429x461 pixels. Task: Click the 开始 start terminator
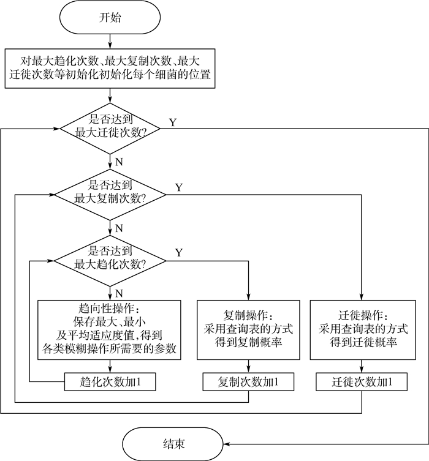click(x=110, y=17)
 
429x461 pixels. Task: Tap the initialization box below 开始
click(x=110, y=69)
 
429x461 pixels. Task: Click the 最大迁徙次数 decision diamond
click(x=110, y=129)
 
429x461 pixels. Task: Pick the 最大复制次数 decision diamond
click(x=110, y=194)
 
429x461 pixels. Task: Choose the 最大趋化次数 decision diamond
click(x=110, y=259)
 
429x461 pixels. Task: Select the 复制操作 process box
click(x=248, y=329)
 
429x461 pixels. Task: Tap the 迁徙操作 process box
click(x=361, y=329)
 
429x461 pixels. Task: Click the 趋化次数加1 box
click(x=110, y=383)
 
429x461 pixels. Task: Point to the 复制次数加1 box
click(x=248, y=383)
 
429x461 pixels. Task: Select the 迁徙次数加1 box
click(x=361, y=383)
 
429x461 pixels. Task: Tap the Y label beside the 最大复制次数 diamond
click(x=178, y=187)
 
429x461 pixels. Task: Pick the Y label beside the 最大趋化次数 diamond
click(x=178, y=252)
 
